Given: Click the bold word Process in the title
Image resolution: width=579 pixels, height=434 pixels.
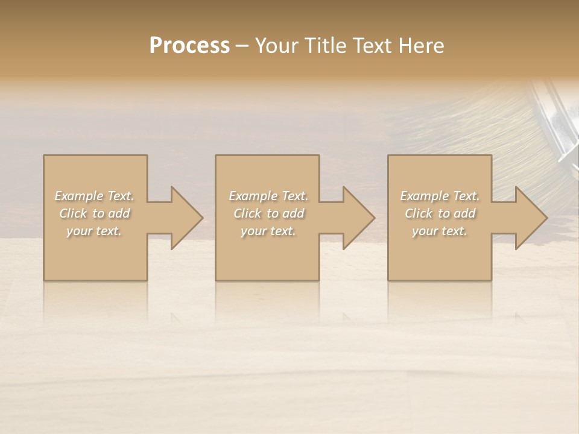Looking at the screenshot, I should pyautogui.click(x=189, y=46).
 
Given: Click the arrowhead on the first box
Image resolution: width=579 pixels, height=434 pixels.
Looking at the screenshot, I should pyautogui.click(x=185, y=218).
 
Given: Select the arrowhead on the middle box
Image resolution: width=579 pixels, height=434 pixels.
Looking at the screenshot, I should pyautogui.click(x=357, y=218).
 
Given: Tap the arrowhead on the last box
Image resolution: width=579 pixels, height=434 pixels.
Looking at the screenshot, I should pyautogui.click(x=530, y=218).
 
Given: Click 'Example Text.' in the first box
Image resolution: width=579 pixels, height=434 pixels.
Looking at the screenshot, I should pyautogui.click(x=94, y=196).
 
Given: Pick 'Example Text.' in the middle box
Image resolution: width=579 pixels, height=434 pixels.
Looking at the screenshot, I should pyautogui.click(x=268, y=196).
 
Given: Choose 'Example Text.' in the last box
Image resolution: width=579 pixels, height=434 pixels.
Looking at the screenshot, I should pyautogui.click(x=440, y=196).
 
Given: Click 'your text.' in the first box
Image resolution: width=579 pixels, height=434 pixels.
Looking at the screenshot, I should pyautogui.click(x=94, y=231).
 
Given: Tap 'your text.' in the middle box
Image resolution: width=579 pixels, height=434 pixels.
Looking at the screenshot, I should pyautogui.click(x=268, y=231).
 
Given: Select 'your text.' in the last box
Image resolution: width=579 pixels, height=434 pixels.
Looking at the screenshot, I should pyautogui.click(x=440, y=231).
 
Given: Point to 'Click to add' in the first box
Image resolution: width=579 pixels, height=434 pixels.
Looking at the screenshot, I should pyautogui.click(x=95, y=213).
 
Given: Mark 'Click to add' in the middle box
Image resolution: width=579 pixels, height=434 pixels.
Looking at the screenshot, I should pyautogui.click(x=269, y=213).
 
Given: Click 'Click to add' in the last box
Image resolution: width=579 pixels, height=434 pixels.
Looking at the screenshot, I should pyautogui.click(x=440, y=213).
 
